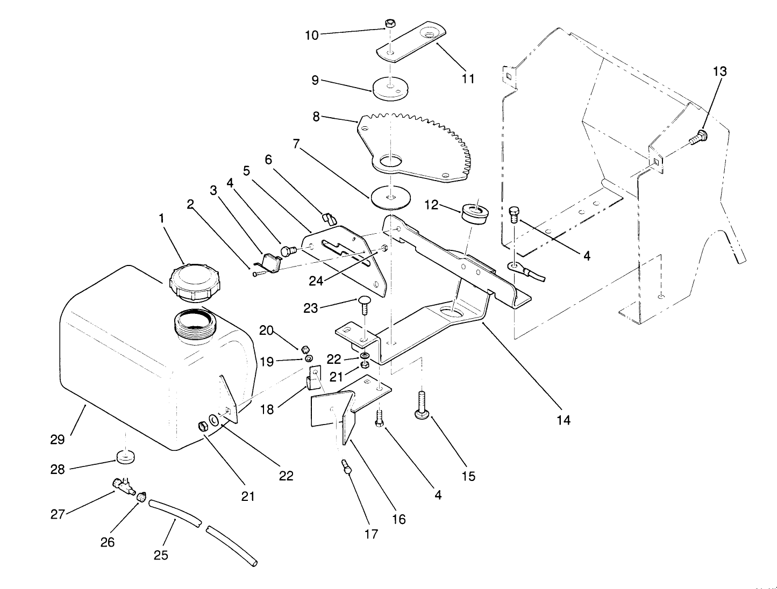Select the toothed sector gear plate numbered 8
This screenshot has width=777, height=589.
[x=414, y=145]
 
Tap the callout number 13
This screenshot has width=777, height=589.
[x=719, y=71]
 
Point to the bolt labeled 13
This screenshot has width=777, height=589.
[x=698, y=137]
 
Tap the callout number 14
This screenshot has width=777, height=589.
[x=563, y=420]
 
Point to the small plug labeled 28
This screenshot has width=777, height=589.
[x=126, y=457]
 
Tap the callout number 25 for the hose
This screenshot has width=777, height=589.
[x=161, y=555]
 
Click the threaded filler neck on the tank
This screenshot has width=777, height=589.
[x=194, y=325]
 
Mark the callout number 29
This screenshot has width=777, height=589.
[x=58, y=440]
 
